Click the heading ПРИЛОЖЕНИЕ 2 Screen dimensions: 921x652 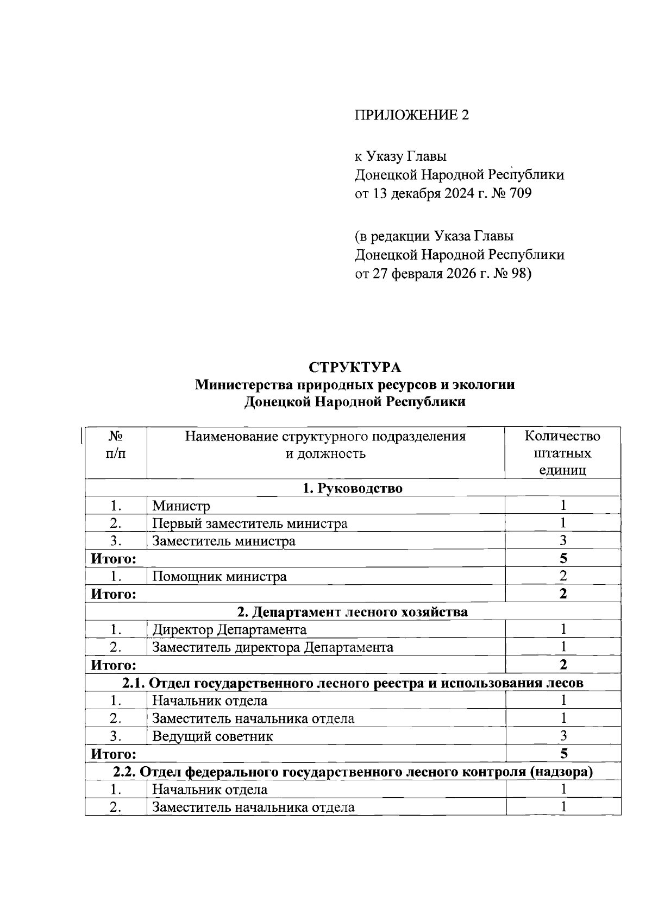pyautogui.click(x=411, y=115)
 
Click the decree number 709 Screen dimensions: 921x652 pyautogui.click(x=521, y=193)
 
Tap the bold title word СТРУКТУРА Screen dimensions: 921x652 pyautogui.click(x=355, y=368)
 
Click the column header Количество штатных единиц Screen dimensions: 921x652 pyautogui.click(x=562, y=453)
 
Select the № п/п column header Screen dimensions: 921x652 pyautogui.click(x=115, y=445)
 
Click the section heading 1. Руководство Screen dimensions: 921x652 pyautogui.click(x=353, y=488)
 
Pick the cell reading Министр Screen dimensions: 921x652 pyautogui.click(x=181, y=506)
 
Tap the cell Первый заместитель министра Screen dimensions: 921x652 pyautogui.click(x=249, y=523)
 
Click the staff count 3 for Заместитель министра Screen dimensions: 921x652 pyautogui.click(x=563, y=540)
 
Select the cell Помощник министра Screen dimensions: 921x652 pyautogui.click(x=219, y=576)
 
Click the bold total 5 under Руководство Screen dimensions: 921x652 pyautogui.click(x=563, y=558)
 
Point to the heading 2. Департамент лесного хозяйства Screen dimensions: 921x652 pyautogui.click(x=353, y=612)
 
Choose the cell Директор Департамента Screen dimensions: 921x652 pyautogui.click(x=229, y=629)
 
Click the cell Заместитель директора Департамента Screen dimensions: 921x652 pyautogui.click(x=272, y=647)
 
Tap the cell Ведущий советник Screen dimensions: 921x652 pyautogui.click(x=212, y=736)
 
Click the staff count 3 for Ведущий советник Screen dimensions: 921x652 pyautogui.click(x=563, y=736)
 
